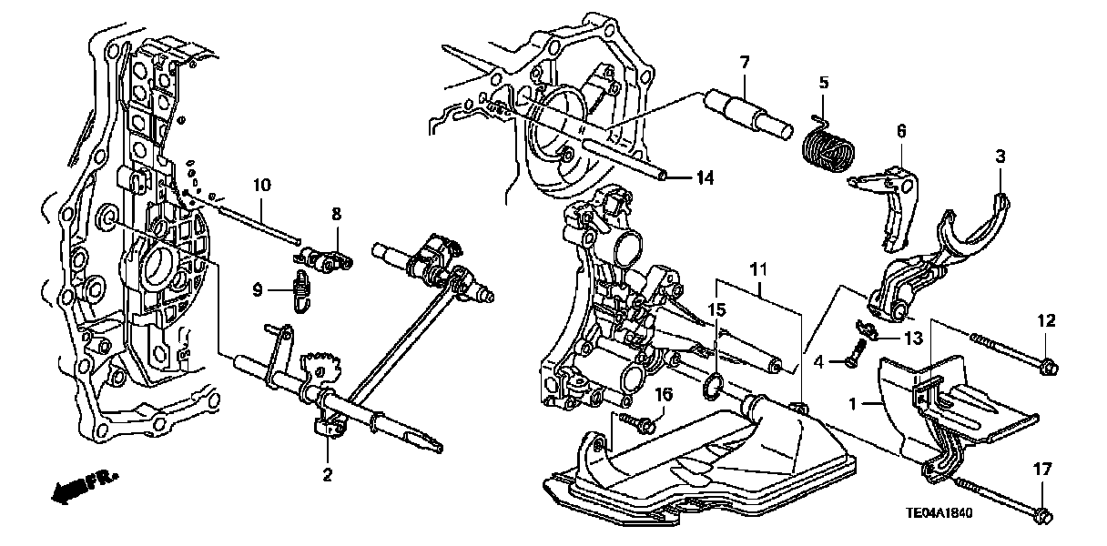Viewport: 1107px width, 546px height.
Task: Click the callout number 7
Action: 744,62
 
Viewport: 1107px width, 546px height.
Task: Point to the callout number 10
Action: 262,186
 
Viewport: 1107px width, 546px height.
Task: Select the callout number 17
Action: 1042,470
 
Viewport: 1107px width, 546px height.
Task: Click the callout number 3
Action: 1000,157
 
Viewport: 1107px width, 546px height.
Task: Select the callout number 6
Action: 901,132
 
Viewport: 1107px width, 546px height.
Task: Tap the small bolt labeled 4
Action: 854,359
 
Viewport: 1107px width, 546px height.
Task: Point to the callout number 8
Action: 335,214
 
